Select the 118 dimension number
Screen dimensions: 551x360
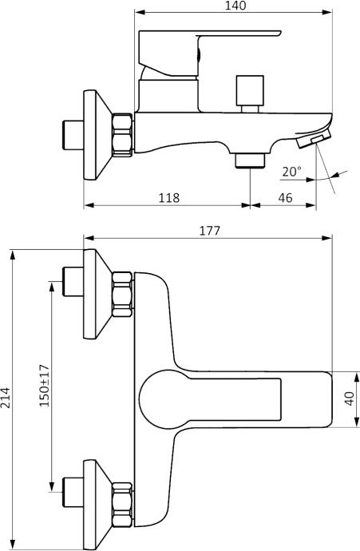pos(168,197)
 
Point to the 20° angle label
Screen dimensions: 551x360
pos(292,171)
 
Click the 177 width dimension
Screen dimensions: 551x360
pos(209,230)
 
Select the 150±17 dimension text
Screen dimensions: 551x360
pos(44,386)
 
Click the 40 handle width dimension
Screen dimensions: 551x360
pos(350,398)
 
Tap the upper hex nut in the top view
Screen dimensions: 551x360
pos(123,295)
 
